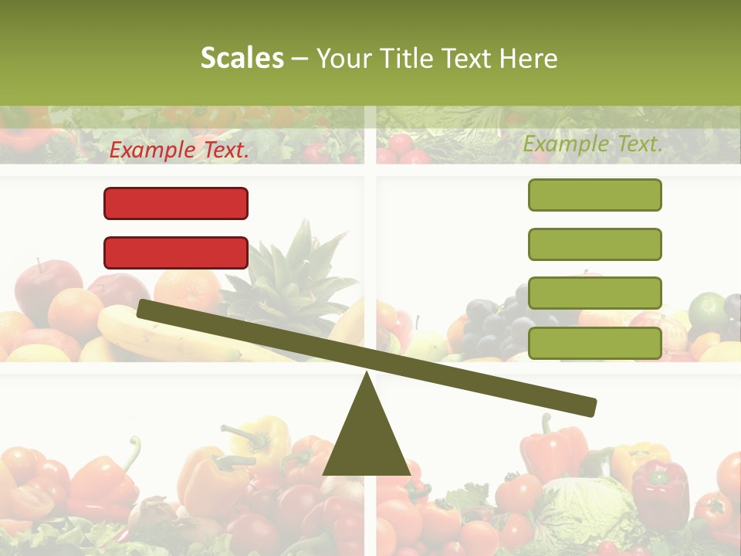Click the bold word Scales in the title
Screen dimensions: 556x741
coord(242,59)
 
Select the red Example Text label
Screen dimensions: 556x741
coord(179,150)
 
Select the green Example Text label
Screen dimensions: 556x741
coord(593,144)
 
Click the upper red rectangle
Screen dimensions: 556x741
coord(176,203)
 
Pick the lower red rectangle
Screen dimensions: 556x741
coord(176,253)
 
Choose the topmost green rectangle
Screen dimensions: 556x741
coord(594,195)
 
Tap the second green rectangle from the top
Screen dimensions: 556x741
coord(594,244)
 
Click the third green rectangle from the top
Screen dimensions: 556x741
coord(594,293)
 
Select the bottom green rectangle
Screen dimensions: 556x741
coord(594,343)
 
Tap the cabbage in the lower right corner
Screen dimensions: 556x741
coord(587,510)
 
